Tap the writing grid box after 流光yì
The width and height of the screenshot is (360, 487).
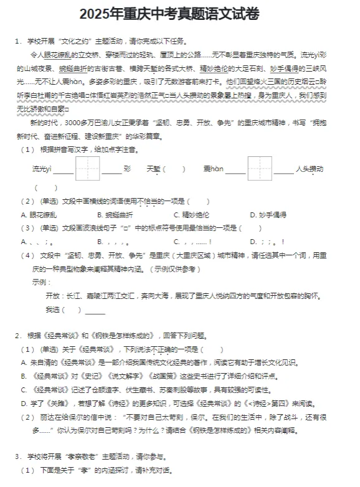pos(88,169)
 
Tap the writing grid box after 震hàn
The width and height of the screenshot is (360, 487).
pos(260,169)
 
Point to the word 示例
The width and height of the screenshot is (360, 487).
pos(40,281)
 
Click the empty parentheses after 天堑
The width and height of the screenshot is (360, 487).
pos(174,169)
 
